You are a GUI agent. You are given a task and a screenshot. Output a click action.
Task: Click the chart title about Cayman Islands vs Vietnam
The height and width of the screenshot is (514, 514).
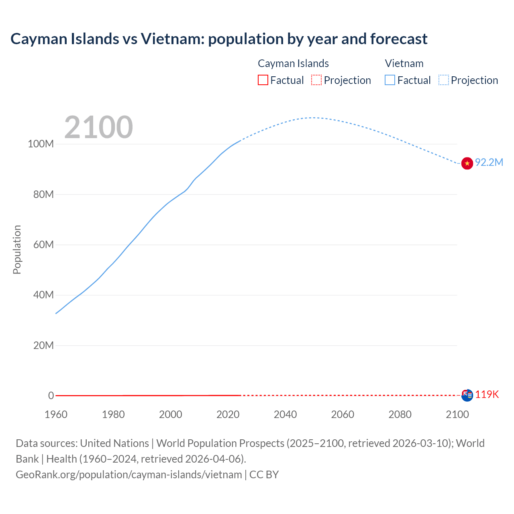pyautogui.click(x=219, y=39)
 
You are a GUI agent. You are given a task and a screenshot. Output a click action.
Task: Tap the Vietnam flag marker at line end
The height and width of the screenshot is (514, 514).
pyautogui.click(x=467, y=163)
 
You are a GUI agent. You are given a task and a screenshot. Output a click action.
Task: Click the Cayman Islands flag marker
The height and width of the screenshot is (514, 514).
pyautogui.click(x=467, y=395)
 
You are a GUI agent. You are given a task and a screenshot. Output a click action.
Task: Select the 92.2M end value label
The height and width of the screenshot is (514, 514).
pyautogui.click(x=489, y=162)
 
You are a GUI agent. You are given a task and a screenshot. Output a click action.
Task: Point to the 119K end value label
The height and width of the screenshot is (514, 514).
pyautogui.click(x=487, y=395)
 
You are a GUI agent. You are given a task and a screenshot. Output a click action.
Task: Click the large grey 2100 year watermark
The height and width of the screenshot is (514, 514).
pyautogui.click(x=98, y=127)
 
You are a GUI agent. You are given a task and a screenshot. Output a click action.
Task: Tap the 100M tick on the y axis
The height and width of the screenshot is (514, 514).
pyautogui.click(x=41, y=144)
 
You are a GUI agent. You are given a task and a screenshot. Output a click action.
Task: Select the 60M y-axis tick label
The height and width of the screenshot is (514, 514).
pyautogui.click(x=43, y=245)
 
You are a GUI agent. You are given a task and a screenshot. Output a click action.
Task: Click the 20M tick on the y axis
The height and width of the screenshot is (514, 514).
pyautogui.click(x=43, y=345)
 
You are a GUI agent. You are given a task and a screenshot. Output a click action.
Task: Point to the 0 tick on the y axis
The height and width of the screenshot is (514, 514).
pyautogui.click(x=51, y=396)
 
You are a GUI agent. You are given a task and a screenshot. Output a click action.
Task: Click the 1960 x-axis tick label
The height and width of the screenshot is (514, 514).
pyautogui.click(x=56, y=414)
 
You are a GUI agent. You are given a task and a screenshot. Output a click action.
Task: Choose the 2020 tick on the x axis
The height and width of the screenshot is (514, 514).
pyautogui.click(x=228, y=414)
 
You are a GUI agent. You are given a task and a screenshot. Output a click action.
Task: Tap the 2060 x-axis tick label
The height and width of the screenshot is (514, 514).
pyautogui.click(x=343, y=414)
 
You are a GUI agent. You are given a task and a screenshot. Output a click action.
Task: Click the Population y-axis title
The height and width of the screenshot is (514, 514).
pyautogui.click(x=17, y=249)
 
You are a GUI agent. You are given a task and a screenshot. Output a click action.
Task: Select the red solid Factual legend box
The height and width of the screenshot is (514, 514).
pyautogui.click(x=263, y=80)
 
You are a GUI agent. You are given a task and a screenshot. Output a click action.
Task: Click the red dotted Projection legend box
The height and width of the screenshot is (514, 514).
pyautogui.click(x=316, y=80)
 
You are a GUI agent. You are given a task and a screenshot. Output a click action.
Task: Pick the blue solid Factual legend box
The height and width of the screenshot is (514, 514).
pyautogui.click(x=390, y=80)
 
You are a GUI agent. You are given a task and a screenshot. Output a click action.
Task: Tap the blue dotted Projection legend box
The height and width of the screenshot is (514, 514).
pyautogui.click(x=444, y=80)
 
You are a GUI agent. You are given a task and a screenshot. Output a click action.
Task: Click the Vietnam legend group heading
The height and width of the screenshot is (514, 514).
pyautogui.click(x=404, y=63)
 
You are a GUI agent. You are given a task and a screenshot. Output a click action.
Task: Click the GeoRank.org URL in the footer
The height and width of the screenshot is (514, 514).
pyautogui.click(x=128, y=475)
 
